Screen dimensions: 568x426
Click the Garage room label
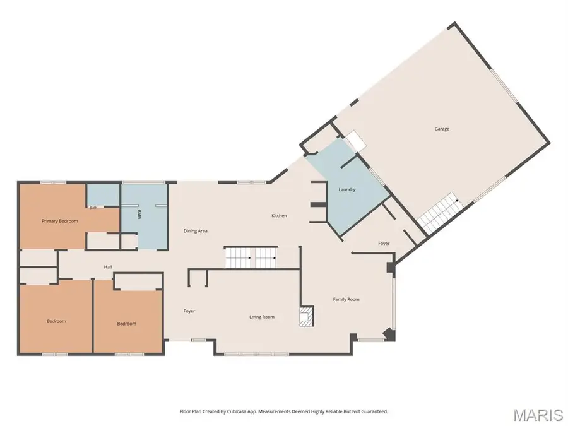tap(442, 129)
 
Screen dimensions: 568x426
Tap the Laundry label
tap(346, 189)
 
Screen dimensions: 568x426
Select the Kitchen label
tap(279, 216)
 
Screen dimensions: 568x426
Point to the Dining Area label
tap(195, 231)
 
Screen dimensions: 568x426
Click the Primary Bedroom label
tap(60, 221)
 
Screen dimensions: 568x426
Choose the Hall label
tap(108, 267)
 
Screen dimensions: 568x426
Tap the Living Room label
tap(262, 317)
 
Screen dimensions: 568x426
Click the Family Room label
tap(346, 299)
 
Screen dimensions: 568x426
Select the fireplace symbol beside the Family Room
tap(306, 317)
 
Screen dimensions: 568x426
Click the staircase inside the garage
tap(441, 212)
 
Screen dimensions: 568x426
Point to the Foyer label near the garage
tap(384, 244)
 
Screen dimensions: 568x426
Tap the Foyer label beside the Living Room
tap(189, 311)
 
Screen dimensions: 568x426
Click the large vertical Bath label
tap(139, 214)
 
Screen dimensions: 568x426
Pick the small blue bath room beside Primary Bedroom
tap(104, 195)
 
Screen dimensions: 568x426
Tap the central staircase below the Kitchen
tap(251, 257)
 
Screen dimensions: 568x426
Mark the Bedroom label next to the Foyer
tap(126, 324)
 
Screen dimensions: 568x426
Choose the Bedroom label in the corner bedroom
tap(56, 321)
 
